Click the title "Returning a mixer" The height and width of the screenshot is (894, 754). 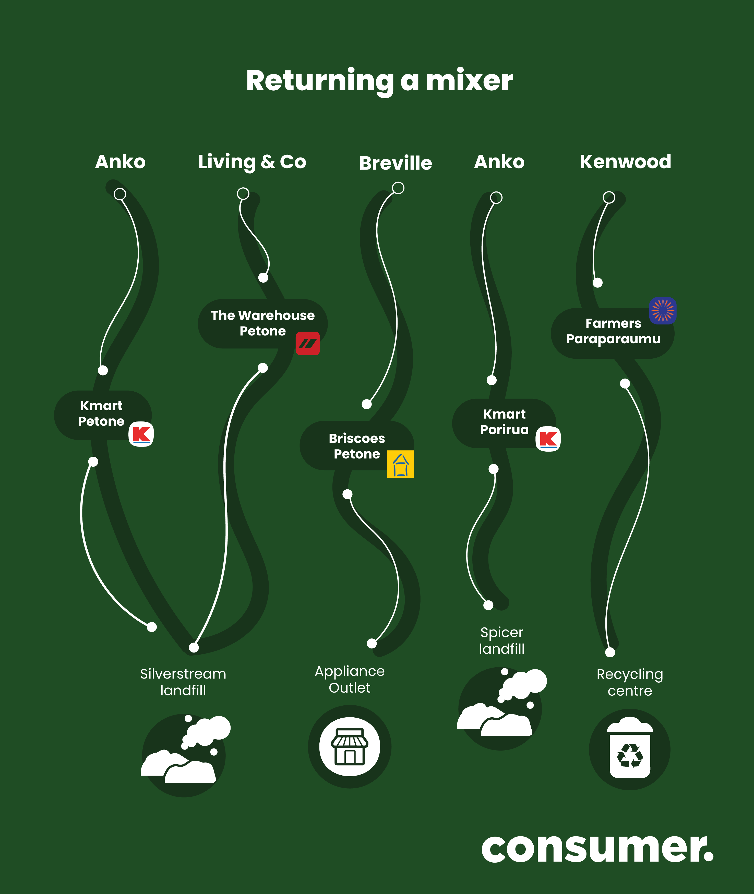click(379, 81)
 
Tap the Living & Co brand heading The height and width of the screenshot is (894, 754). click(252, 162)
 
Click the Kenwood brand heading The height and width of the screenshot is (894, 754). click(625, 162)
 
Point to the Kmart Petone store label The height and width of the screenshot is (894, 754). click(101, 413)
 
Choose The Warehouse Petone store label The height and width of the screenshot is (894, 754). click(262, 323)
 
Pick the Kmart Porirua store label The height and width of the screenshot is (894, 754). click(504, 422)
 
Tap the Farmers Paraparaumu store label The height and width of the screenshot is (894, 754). click(613, 331)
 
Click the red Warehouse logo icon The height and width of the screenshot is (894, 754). click(308, 343)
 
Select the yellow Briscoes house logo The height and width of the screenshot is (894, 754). click(401, 464)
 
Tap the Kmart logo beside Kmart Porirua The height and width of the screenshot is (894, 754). click(548, 439)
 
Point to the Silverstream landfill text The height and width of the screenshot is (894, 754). click(183, 682)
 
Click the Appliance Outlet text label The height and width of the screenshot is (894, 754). click(350, 680)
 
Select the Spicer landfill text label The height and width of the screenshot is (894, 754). click(501, 641)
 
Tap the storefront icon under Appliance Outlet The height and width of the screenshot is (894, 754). click(350, 746)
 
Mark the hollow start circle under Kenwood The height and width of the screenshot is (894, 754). click(609, 197)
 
